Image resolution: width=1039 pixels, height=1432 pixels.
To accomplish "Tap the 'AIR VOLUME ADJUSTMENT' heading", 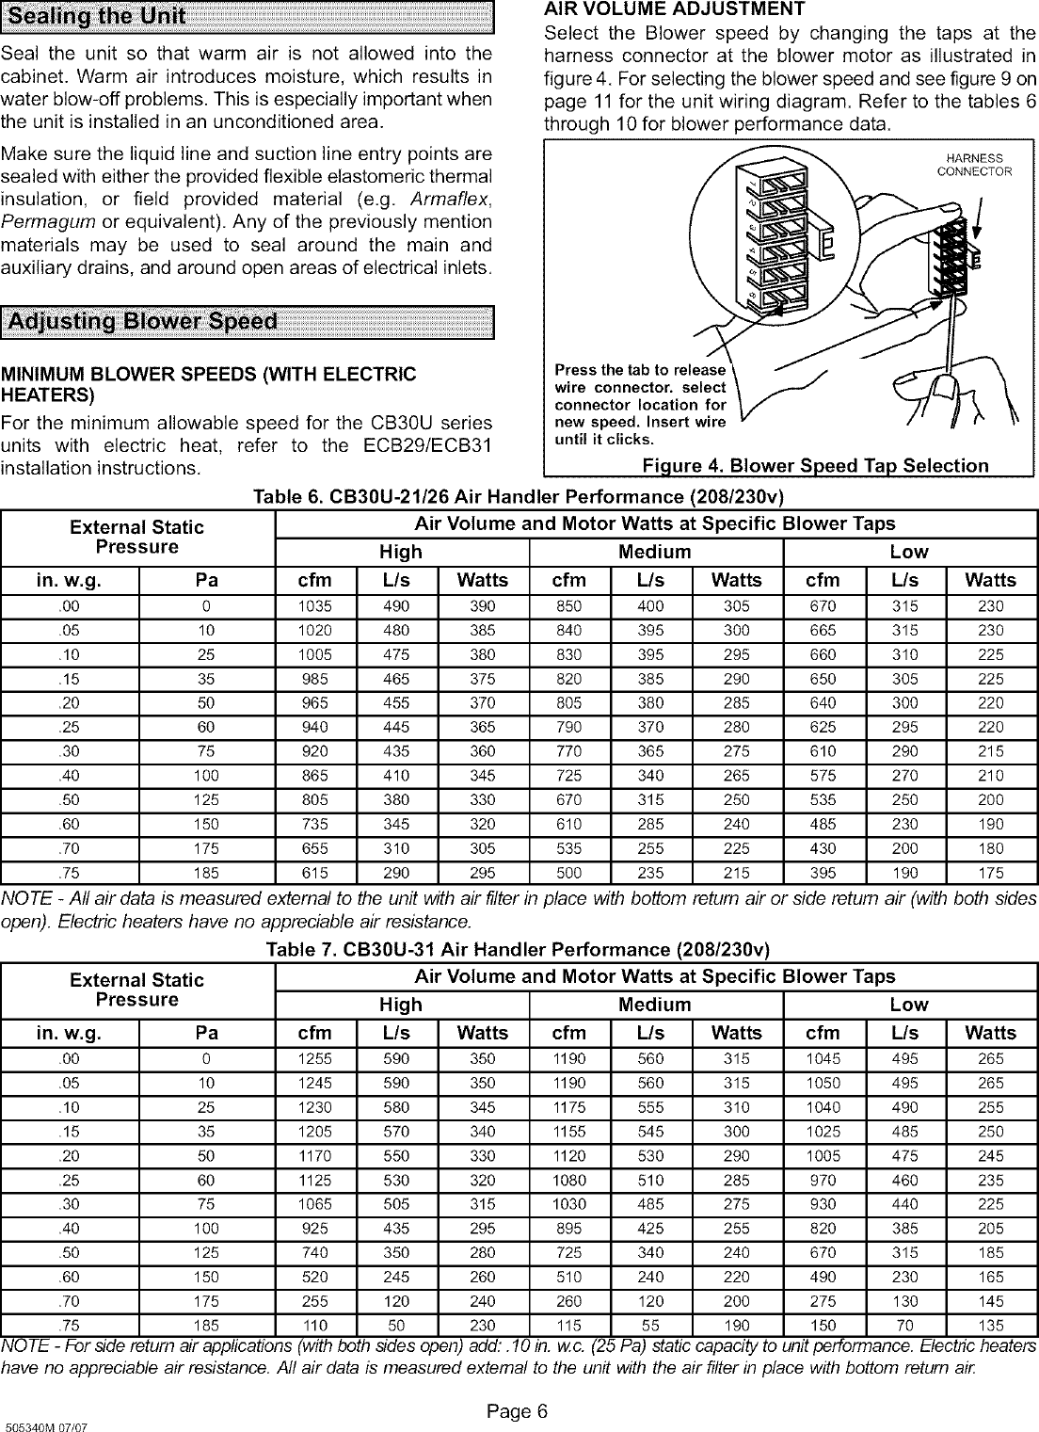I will pos(675,9).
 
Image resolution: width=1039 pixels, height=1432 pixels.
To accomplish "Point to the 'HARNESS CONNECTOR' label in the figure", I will pos(973,165).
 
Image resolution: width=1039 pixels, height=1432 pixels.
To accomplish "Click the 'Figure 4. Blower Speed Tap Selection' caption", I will pos(815,466).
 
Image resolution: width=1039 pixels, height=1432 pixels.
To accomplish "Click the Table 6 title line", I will pos(519,496).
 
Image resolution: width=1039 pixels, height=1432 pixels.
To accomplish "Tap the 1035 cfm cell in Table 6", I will pos(314,606).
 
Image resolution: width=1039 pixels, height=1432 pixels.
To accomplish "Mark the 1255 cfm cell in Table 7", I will pos(314,1059).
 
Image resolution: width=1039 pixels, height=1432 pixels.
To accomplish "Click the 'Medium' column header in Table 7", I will pos(654,1005).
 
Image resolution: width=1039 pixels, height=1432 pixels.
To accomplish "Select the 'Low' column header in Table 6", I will pos(909,552).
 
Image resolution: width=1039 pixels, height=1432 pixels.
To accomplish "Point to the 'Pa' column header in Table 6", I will pos(206,580).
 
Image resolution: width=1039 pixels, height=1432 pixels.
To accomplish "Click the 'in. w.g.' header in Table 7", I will pos(69,1033).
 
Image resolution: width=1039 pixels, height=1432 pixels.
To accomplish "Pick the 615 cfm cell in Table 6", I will pos(314,873).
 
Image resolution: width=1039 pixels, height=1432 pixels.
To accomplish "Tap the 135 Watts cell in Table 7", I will pos(990,1326).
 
